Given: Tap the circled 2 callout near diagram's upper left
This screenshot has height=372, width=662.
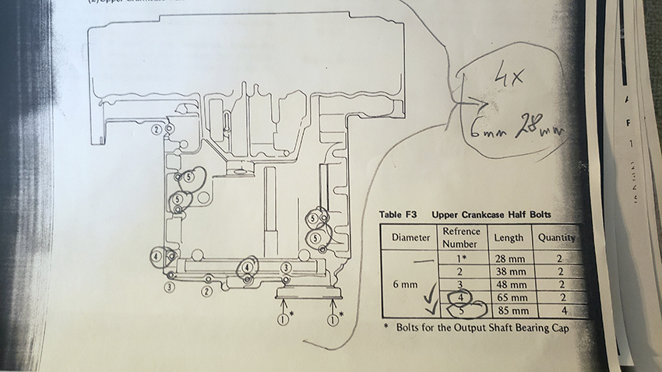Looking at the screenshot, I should (x=158, y=128).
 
